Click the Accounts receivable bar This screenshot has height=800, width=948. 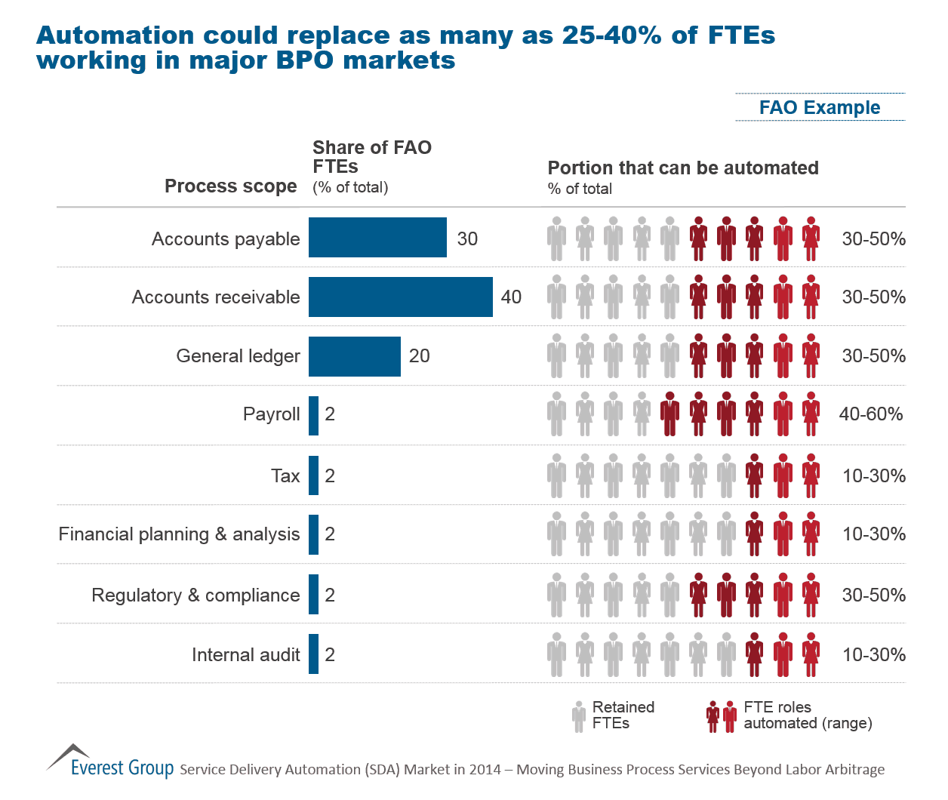(x=400, y=297)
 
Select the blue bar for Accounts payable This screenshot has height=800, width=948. (x=377, y=238)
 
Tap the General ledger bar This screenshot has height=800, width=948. (x=354, y=356)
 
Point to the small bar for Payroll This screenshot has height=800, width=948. (x=313, y=416)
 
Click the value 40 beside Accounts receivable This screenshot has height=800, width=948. (x=511, y=297)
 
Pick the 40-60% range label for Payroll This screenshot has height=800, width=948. (x=870, y=414)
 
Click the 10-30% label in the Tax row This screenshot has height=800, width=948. (x=873, y=476)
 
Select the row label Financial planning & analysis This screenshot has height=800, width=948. (x=179, y=534)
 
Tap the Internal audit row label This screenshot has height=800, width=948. (x=245, y=655)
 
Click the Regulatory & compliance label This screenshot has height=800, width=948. (x=195, y=595)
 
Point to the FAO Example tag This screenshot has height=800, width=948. (x=820, y=108)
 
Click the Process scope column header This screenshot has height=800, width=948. (x=230, y=186)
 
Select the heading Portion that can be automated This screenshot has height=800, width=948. (x=682, y=168)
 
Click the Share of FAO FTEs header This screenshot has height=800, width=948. (x=371, y=157)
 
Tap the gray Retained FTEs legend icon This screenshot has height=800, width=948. (x=579, y=716)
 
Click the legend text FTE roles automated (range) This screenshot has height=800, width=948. (x=807, y=715)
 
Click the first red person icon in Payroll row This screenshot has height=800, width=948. (x=669, y=414)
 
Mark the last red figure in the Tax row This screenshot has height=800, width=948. (x=811, y=476)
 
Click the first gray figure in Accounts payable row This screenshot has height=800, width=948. (x=556, y=238)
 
